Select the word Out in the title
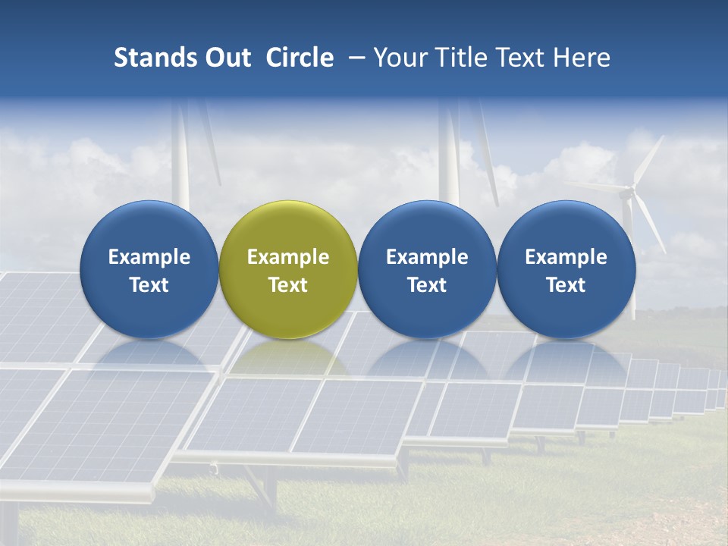coord(226,58)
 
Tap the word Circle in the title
coord(300,58)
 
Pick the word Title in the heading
coord(458,58)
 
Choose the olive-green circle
coord(288,227)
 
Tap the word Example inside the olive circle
coord(288,257)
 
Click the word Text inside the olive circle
coord(288,285)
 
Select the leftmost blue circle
coord(149,227)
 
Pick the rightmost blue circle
coord(566,227)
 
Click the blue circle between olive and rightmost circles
coord(427,227)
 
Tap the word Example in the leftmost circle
coord(149,257)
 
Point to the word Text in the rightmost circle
coord(566,285)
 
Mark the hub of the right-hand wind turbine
coord(628,193)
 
